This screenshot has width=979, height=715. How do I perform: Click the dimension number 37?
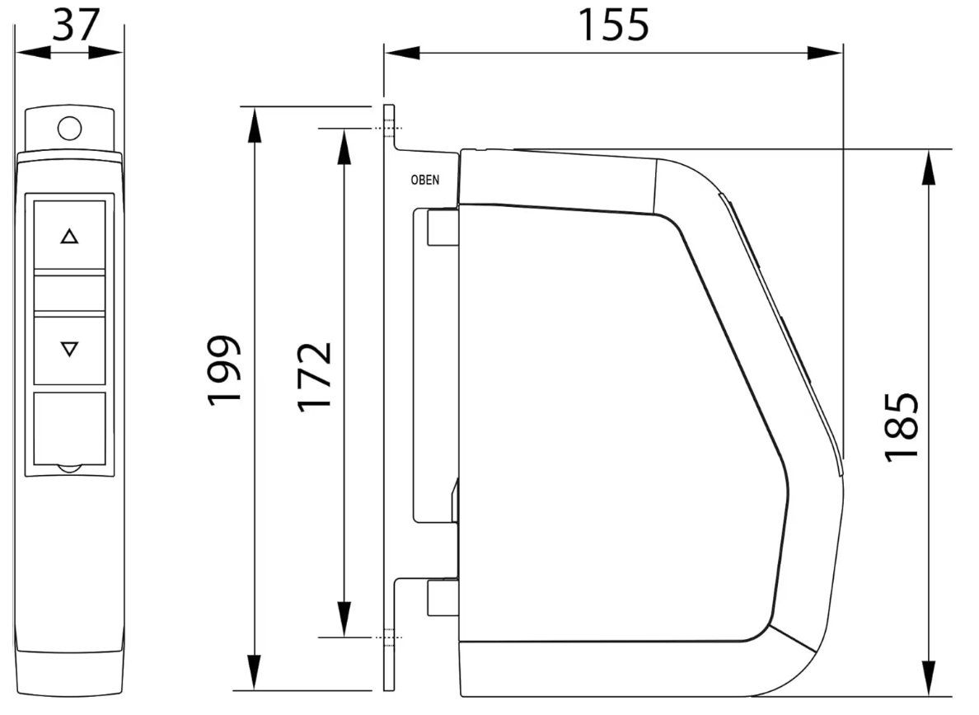[x=76, y=25]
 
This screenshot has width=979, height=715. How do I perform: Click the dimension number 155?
[x=613, y=25]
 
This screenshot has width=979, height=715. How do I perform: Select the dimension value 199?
[x=223, y=370]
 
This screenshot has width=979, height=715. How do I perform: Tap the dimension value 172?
[x=314, y=377]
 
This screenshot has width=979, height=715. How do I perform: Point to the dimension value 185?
[x=902, y=427]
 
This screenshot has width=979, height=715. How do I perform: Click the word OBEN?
[x=424, y=180]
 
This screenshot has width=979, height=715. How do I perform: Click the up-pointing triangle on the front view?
[x=69, y=236]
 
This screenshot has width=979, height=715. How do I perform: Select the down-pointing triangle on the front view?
[x=69, y=349]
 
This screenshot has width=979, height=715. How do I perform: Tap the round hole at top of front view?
[x=69, y=128]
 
